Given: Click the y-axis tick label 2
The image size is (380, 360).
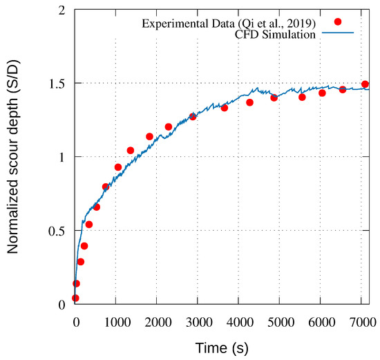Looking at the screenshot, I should (x=63, y=10).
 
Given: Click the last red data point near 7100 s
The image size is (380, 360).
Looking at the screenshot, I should (x=365, y=84).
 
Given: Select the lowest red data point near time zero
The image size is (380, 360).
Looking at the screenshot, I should (x=75, y=298).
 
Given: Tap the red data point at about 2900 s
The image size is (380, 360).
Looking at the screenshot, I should (x=193, y=117).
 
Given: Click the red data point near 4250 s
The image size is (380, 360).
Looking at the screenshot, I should (x=249, y=102).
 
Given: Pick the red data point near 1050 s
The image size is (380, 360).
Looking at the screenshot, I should (x=118, y=167).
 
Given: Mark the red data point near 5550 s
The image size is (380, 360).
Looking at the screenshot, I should (x=302, y=97).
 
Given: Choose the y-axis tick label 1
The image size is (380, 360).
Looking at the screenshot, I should (x=63, y=157).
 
